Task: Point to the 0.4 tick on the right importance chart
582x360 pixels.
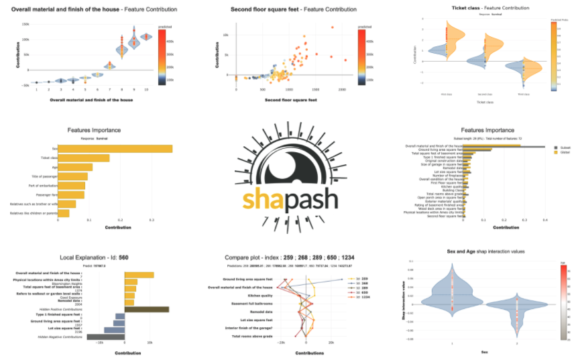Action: pyautogui.click(x=544, y=219)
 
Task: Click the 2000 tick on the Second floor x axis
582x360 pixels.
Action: pyautogui.click(x=342, y=89)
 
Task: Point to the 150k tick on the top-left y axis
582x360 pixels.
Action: pyautogui.click(x=25, y=24)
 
